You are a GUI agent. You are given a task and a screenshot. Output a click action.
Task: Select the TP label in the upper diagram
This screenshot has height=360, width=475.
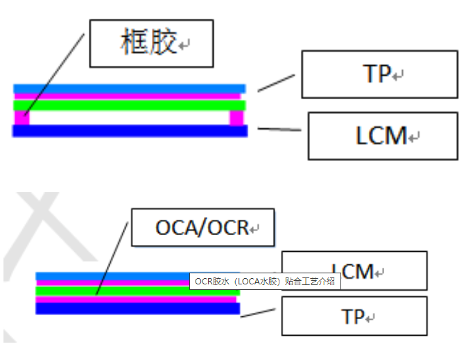[x=378, y=74]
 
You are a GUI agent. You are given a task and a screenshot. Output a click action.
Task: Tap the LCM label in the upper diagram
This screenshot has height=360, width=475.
[x=381, y=136]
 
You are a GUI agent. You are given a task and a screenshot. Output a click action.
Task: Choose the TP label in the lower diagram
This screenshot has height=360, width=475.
[x=354, y=316]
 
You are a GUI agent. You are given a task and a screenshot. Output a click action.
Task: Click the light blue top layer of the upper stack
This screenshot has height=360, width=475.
[x=129, y=89]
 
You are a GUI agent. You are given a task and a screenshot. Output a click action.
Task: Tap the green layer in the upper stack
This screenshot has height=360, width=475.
[x=129, y=105]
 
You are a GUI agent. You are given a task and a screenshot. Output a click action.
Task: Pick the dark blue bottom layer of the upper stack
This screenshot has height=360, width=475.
[x=129, y=131]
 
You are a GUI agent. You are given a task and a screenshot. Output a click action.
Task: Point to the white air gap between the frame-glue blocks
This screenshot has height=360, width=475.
[x=129, y=119]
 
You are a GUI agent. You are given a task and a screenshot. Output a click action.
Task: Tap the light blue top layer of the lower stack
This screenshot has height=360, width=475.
[x=111, y=276]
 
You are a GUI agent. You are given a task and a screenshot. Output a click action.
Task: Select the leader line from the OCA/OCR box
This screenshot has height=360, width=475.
[x=113, y=257]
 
